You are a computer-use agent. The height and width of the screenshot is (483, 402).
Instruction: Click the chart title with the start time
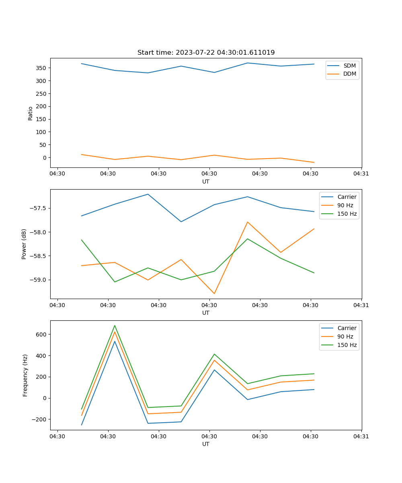206,53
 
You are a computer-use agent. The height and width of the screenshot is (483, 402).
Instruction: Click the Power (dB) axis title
24,244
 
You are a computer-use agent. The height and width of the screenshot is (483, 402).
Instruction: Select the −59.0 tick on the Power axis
38,280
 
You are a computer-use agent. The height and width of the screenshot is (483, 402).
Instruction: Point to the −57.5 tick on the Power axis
38,208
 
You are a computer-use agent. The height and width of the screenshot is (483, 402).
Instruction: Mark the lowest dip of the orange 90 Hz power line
214,293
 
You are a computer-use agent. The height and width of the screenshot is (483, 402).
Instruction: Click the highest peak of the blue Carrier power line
148,194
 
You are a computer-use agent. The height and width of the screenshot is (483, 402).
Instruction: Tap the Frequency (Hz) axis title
25,375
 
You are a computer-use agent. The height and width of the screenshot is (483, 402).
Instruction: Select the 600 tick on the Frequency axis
41,334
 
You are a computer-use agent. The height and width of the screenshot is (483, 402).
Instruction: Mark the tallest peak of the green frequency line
115,326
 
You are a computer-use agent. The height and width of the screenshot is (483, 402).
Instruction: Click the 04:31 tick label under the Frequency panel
361,436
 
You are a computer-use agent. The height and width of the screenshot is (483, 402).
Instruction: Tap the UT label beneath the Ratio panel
206,182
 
